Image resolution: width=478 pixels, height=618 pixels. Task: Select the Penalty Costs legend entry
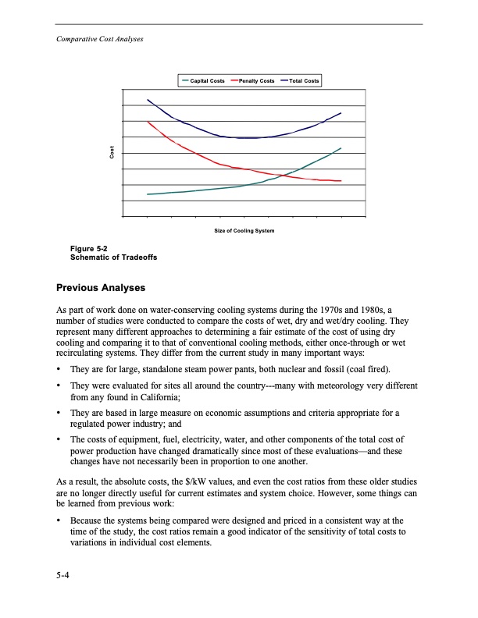point(256,81)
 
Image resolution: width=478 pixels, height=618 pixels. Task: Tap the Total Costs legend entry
point(304,81)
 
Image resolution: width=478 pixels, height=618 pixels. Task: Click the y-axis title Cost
point(112,154)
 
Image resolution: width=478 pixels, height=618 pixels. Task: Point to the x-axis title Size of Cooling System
point(244,231)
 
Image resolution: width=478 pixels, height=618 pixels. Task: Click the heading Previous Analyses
point(102,288)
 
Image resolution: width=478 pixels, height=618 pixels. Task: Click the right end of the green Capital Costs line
point(341,148)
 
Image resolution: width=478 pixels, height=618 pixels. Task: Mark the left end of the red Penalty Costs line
point(148,122)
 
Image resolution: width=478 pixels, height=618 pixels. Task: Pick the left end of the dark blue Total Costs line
point(148,100)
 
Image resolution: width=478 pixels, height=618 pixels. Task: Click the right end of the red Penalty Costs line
point(341,181)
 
